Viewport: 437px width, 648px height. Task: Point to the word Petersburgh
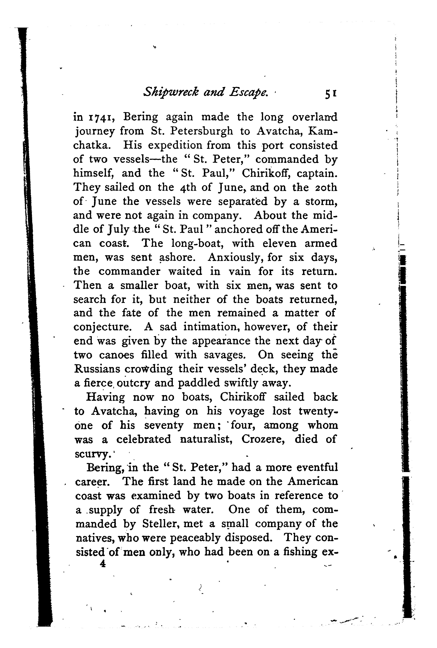[199, 131]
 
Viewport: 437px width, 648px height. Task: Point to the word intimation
[212, 327]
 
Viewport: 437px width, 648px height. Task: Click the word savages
[225, 355]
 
